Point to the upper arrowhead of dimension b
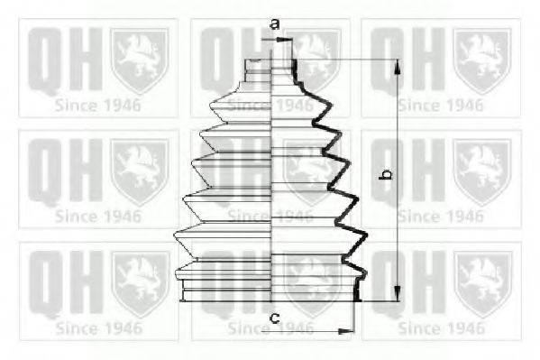tap(398, 65)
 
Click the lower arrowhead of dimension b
tap(398, 296)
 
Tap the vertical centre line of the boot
tap(272, 180)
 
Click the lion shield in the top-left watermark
tap(140, 60)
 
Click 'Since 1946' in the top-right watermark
tap(440, 104)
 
